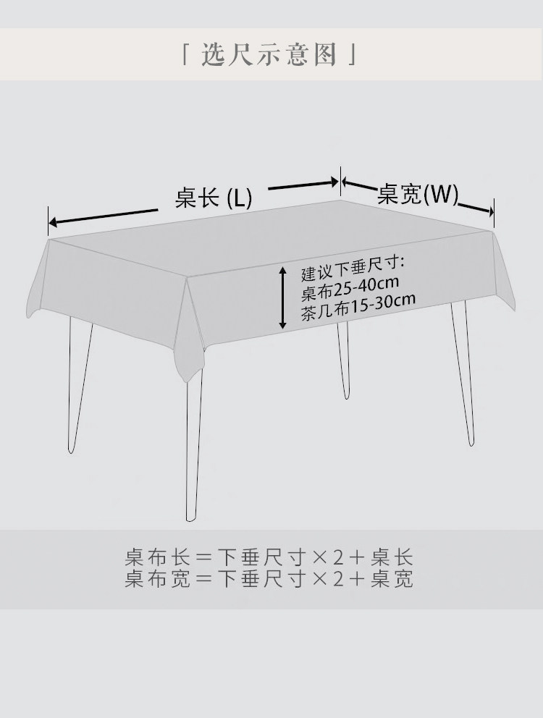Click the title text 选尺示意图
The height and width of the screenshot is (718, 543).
click(270, 55)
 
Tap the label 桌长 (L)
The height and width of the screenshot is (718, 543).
click(213, 198)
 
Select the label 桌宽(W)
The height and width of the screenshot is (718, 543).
click(418, 194)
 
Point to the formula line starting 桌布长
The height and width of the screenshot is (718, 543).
click(269, 558)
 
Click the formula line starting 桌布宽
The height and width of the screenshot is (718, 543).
click(269, 579)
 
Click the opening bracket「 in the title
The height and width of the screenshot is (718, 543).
click(186, 55)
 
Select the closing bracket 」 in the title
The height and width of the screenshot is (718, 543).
click(354, 55)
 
